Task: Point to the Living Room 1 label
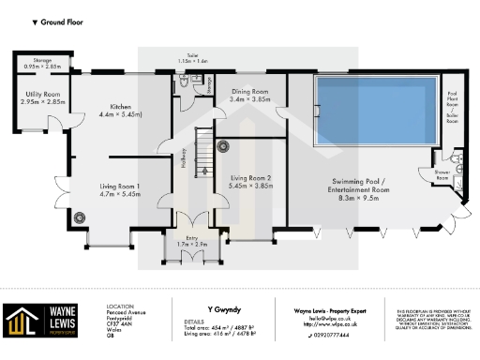click(x=120, y=191)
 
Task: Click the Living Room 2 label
click(x=250, y=181)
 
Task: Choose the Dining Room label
click(x=249, y=95)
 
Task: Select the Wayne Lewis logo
click(x=39, y=321)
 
